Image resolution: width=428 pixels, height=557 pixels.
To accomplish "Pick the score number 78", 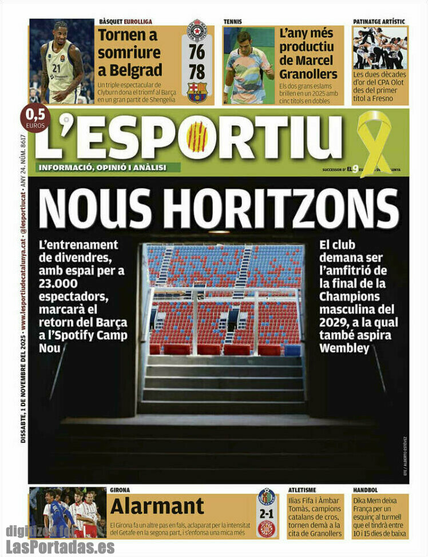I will (197, 72).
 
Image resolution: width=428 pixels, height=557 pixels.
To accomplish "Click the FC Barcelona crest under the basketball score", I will (197, 92).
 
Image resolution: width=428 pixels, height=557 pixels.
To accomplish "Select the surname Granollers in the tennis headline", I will (308, 74).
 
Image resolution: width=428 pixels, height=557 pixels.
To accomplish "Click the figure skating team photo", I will (380, 49).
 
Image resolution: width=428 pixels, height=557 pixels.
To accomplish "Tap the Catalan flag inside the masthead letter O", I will (197, 138).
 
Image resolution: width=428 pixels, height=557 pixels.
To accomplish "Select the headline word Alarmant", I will (157, 506).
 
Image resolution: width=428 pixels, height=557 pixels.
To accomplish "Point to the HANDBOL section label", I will (366, 490).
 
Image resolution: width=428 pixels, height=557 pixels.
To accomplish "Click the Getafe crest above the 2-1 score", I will (266, 497).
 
